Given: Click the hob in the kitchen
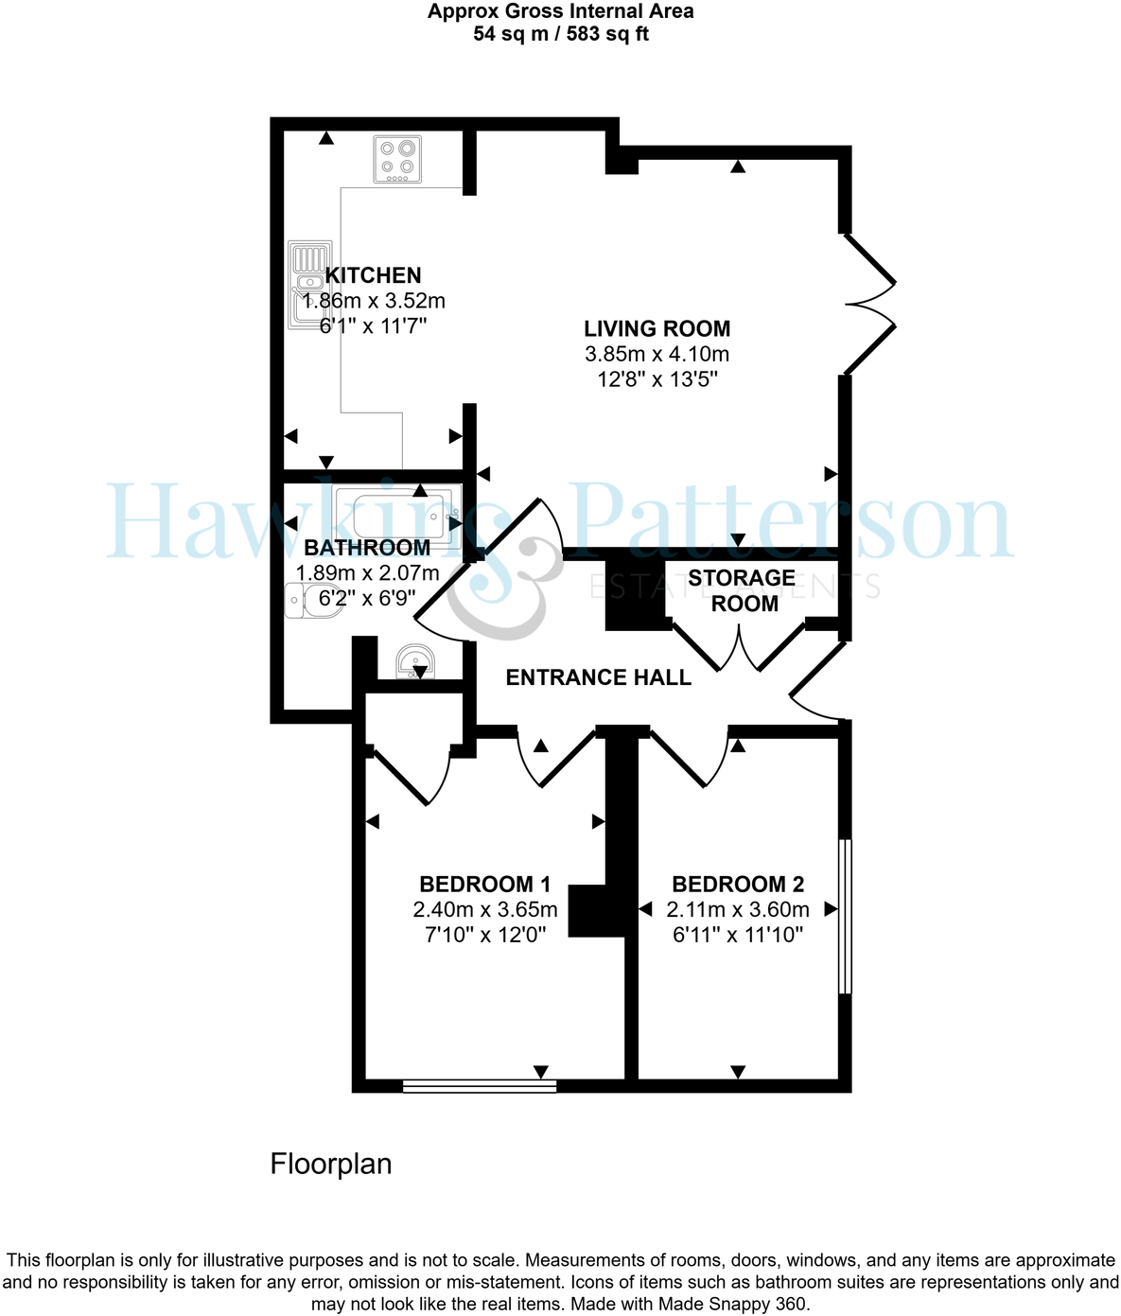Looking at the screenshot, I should tap(397, 159).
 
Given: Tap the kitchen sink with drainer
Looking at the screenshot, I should tap(309, 285).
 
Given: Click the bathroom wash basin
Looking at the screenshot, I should tap(415, 661).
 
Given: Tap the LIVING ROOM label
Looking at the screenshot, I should tap(657, 329).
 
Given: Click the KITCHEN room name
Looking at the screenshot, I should tap(374, 275).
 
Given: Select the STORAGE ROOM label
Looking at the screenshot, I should tap(743, 590).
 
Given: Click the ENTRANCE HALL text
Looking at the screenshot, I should tap(598, 677).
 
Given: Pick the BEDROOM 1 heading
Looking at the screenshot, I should tap(484, 885).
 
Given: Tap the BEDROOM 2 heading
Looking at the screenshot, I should tap(738, 885).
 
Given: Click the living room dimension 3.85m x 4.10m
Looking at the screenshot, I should tap(657, 355).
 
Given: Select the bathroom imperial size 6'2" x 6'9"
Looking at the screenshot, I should tap(367, 598).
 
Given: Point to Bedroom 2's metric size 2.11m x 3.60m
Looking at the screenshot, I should tap(738, 910).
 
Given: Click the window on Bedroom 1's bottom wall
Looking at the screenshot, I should tap(479, 1086).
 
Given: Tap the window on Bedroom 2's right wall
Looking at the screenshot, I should tap(846, 916).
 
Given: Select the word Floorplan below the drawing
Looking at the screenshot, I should tap(331, 1164).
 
